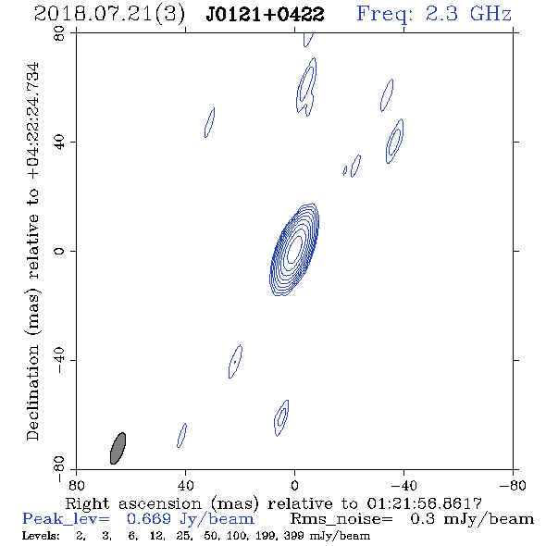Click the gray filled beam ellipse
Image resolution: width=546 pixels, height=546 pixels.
tap(118, 448)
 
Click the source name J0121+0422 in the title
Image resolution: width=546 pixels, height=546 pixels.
tap(265, 14)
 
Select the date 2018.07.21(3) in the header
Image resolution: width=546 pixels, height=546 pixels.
tap(109, 15)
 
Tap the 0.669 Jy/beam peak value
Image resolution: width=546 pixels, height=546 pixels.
tap(191, 519)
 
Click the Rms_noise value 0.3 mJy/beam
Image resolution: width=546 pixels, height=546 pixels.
tap(472, 519)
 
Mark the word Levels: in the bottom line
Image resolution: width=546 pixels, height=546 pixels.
tap(41, 535)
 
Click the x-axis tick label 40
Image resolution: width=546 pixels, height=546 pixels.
tap(185, 485)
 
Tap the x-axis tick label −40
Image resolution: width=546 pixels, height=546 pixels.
tap(403, 485)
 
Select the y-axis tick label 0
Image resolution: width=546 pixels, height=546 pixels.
tap(59, 251)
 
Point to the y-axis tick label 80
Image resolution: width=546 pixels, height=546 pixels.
tap(59, 33)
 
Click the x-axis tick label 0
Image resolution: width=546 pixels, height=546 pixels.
tap(294, 485)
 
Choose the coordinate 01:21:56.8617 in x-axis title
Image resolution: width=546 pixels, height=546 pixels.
tap(424, 503)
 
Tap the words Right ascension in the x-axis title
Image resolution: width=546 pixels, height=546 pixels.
tap(133, 503)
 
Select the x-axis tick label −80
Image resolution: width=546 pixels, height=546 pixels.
tap(513, 485)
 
